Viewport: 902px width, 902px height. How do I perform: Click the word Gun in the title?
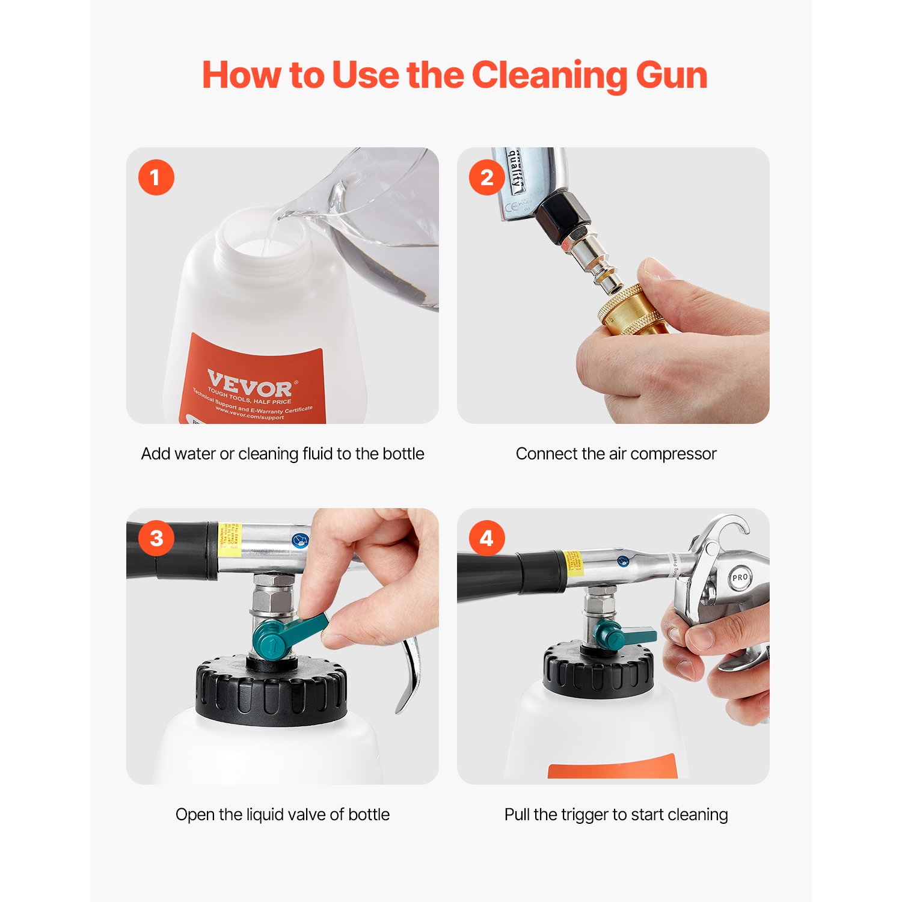pyautogui.click(x=671, y=76)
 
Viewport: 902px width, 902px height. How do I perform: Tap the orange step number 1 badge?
pyautogui.click(x=156, y=177)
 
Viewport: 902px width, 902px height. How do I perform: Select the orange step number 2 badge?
pyautogui.click(x=486, y=177)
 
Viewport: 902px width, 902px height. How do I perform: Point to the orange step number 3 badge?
pyautogui.click(x=156, y=538)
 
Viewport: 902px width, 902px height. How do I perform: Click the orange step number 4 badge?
pyautogui.click(x=486, y=538)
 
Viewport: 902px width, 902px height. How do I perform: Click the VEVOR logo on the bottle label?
pyautogui.click(x=250, y=384)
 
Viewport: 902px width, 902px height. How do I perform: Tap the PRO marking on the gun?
pyautogui.click(x=740, y=577)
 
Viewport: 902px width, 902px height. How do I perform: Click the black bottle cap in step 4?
pyautogui.click(x=598, y=670)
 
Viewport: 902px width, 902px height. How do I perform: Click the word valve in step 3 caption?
pyautogui.click(x=305, y=815)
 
